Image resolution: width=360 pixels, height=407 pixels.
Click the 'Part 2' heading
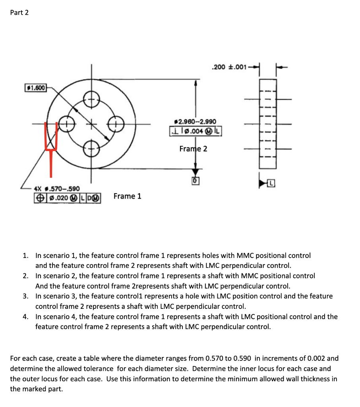click(19, 12)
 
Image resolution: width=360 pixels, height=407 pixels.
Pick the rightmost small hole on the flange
click(117, 124)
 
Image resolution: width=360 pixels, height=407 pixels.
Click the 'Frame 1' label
click(127, 196)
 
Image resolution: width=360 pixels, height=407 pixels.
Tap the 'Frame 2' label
click(193, 149)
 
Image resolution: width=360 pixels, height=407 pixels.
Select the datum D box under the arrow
click(195, 181)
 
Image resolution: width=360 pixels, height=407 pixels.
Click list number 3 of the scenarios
click(25, 296)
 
